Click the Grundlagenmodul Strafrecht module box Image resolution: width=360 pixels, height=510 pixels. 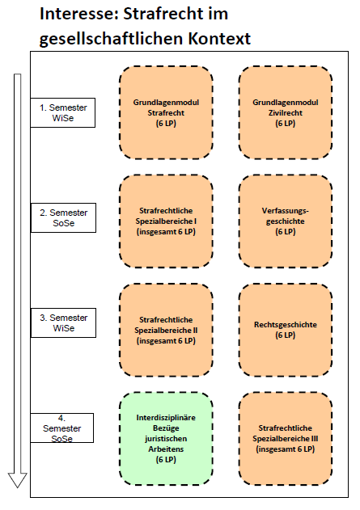(166, 112)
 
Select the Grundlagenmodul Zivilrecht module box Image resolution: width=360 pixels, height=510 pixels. (286, 112)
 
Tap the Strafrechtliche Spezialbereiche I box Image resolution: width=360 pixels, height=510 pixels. (166, 221)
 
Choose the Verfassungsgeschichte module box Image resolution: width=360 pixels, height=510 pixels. (286, 221)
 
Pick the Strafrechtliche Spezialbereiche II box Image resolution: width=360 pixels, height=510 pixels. (166, 330)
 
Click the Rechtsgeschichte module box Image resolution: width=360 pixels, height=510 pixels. (286, 330)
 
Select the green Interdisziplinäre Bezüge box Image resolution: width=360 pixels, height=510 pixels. (166, 439)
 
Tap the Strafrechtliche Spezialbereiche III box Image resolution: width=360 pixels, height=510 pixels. (286, 439)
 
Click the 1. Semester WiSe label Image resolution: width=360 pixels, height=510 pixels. (63, 112)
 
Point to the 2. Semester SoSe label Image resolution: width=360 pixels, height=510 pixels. (63, 218)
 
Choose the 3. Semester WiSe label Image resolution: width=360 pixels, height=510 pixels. (63, 322)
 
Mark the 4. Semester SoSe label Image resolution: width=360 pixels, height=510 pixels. (61, 428)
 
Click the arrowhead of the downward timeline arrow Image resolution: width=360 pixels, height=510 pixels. (17, 480)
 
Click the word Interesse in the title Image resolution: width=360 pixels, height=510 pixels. (78, 15)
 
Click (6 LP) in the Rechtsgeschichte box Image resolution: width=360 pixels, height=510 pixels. (286, 335)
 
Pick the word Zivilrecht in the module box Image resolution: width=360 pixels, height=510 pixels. (286, 113)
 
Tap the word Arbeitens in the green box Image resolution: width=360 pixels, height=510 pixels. (166, 449)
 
